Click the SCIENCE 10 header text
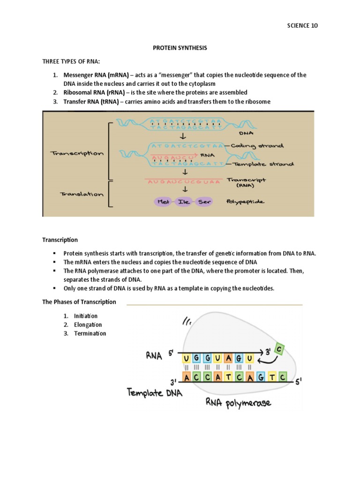(x=302, y=26)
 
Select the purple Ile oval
(x=183, y=202)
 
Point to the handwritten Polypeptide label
(x=245, y=202)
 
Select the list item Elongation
(x=88, y=325)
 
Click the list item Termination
(x=90, y=334)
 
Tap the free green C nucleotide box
(x=279, y=349)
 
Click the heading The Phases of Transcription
(x=79, y=302)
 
